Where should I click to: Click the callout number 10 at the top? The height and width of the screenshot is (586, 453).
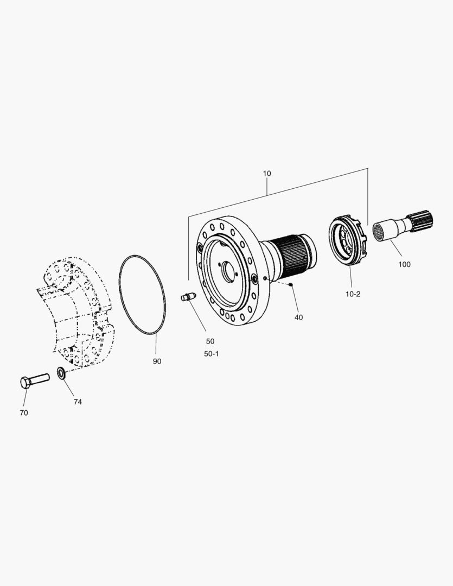point(267,174)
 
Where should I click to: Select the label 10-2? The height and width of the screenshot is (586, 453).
point(353,294)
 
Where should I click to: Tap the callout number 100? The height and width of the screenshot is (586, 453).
point(404,264)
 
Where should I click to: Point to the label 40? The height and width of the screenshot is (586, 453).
point(298,317)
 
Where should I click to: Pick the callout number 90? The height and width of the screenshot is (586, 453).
point(157,361)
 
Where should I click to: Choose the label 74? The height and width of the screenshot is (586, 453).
point(78,402)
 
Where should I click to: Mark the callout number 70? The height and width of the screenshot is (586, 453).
point(23,413)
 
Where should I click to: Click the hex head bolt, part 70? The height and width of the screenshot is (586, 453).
point(34,380)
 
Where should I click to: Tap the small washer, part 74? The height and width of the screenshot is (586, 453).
point(61,373)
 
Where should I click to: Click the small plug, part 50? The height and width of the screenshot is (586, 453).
point(187,297)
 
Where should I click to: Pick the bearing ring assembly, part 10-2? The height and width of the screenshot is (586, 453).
point(348,241)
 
